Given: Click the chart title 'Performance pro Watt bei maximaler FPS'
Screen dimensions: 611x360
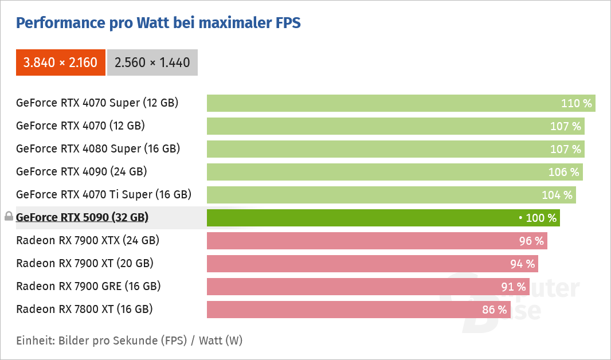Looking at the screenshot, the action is coord(158,22).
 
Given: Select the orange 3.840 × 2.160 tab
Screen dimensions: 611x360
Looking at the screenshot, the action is coord(60,62).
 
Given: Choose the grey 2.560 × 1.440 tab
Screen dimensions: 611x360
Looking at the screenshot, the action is coord(152,62).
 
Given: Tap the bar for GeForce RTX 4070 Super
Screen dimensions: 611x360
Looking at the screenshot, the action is coord(401,103).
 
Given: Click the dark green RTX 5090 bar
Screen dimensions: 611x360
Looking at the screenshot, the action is coord(383,218).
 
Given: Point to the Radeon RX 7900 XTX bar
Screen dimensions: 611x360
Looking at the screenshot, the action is coord(377,241).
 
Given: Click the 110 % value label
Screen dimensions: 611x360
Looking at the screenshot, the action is coord(576,103).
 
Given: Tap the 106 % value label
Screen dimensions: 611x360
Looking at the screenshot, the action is coord(564,172).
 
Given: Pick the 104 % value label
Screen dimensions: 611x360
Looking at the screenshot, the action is coord(557,195).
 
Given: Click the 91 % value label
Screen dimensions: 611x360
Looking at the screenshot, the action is coord(514,287).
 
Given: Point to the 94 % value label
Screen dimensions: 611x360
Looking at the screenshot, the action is coord(523,264).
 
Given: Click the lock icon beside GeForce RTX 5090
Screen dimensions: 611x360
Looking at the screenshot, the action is coord(9,216).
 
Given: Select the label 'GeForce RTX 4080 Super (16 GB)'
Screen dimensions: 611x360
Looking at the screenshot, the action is coord(98,149).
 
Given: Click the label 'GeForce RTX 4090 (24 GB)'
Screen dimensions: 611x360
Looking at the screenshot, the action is coord(81,172).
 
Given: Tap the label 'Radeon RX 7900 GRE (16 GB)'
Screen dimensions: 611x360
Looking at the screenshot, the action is coord(88,287).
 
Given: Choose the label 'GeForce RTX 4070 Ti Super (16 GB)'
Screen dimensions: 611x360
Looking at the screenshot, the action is coord(104,195).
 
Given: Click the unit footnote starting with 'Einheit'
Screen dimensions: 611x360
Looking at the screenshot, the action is coord(130,341).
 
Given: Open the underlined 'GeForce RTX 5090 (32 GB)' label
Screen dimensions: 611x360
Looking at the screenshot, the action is coord(82,217).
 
